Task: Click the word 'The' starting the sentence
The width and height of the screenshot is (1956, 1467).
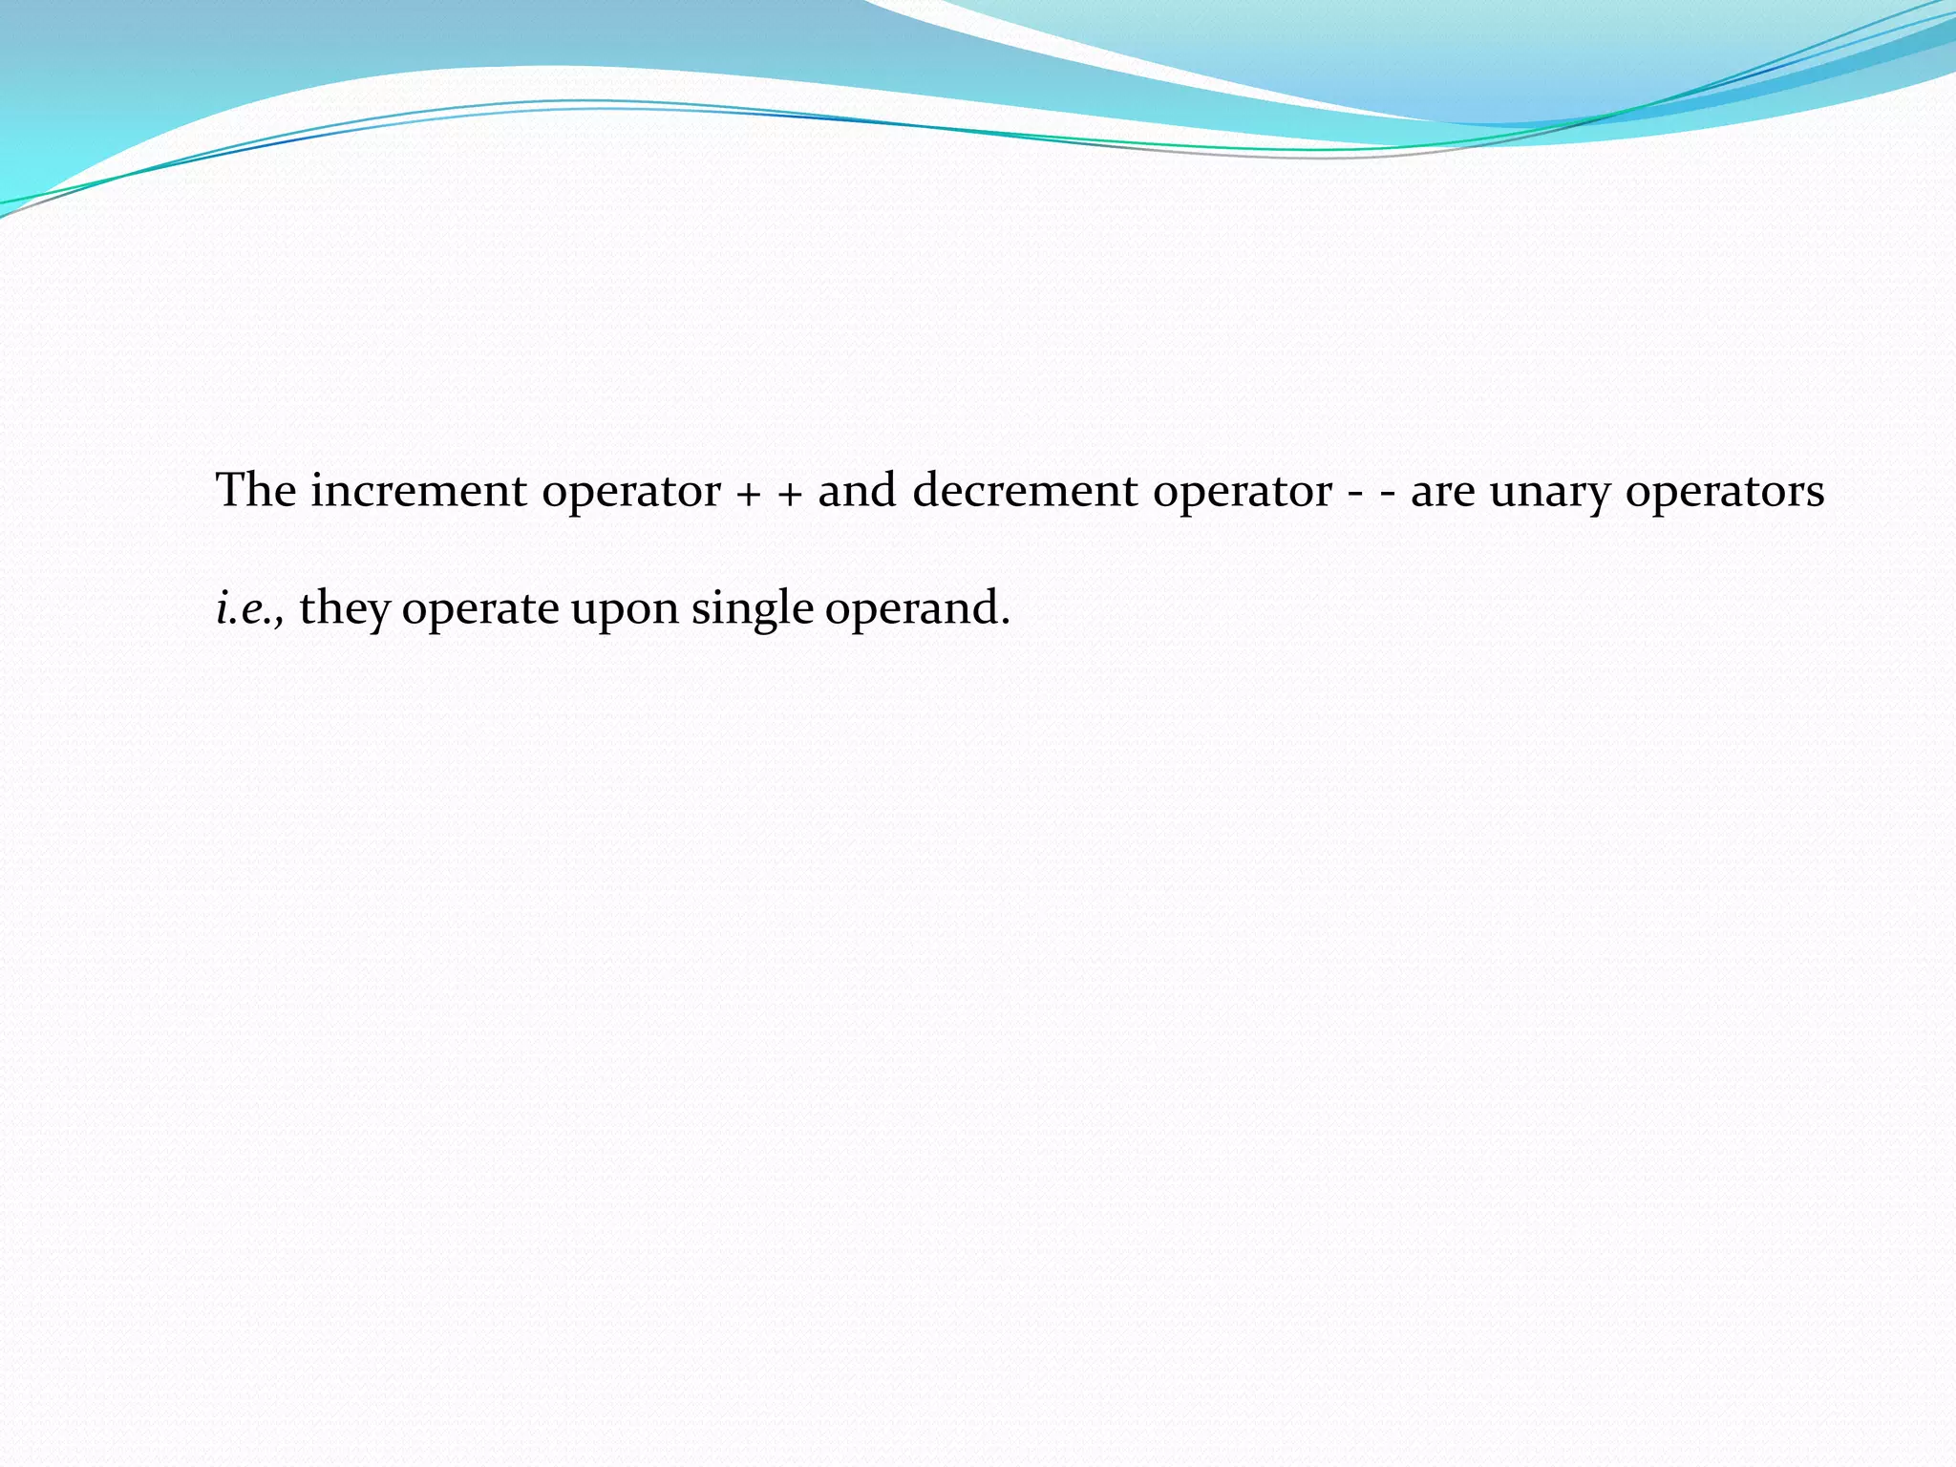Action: tap(256, 491)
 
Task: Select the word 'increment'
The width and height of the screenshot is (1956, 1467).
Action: tap(418, 491)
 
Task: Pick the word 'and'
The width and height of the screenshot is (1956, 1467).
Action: tap(857, 491)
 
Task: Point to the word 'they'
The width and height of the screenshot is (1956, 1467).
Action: tap(344, 608)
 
